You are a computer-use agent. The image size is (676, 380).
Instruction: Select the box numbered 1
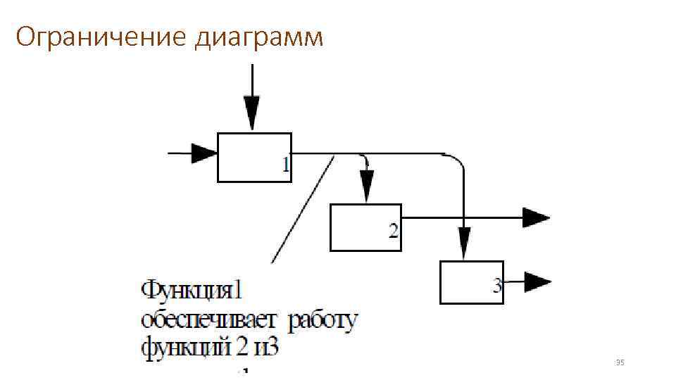pos(254,157)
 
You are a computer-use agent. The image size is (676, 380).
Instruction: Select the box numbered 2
pos(365,227)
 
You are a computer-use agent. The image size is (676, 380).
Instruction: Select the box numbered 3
pos(471,281)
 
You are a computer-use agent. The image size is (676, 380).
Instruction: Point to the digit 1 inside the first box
pos(285,165)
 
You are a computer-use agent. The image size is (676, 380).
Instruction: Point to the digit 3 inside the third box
pos(497,286)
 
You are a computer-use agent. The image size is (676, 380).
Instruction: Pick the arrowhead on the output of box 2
pos(536,217)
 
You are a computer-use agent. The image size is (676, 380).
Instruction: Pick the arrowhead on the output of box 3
pos(538,283)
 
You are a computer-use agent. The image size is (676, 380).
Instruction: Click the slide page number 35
pos(620,362)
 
